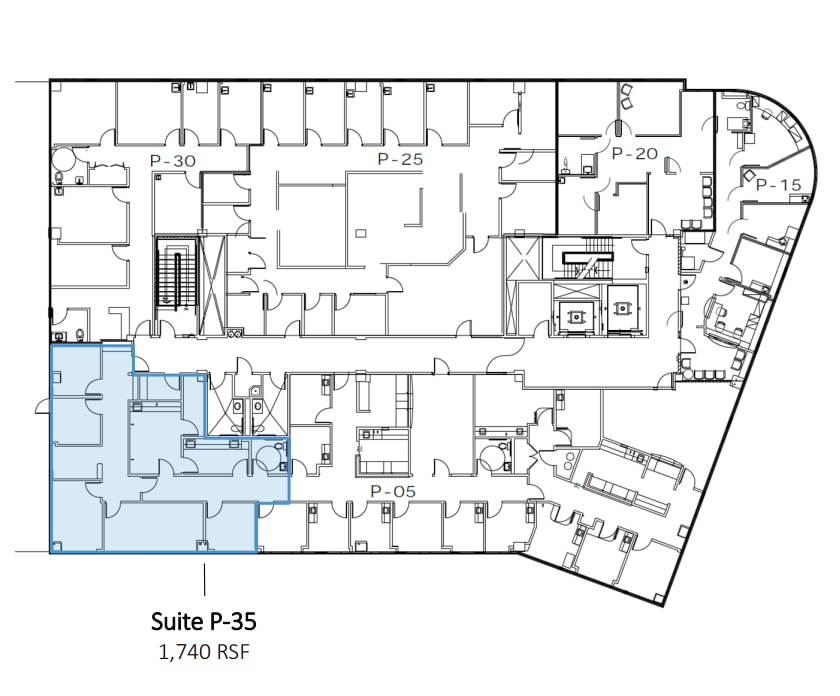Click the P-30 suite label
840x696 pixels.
[174, 160]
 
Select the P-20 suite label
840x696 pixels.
[633, 154]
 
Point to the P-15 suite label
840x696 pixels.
[778, 185]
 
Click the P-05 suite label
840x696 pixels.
[392, 491]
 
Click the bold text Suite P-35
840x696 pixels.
[204, 621]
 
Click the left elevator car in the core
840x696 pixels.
[577, 313]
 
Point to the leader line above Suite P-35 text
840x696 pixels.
[204, 581]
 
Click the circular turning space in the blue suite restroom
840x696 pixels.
[269, 457]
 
